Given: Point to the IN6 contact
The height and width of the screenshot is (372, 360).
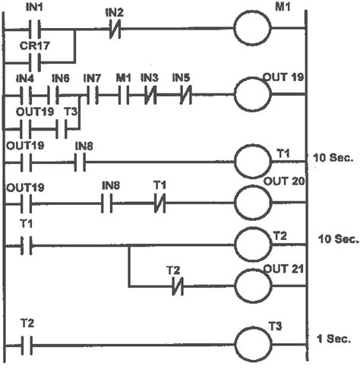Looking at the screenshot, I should coord(58,96).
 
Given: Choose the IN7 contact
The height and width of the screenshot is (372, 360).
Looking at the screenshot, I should coord(92,96).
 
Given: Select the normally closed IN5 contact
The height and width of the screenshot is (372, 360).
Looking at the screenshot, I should coord(182,96).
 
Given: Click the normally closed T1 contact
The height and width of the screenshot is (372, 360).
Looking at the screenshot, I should coord(159,204).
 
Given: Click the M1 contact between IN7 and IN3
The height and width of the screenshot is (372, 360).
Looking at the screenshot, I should coord(122,96).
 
